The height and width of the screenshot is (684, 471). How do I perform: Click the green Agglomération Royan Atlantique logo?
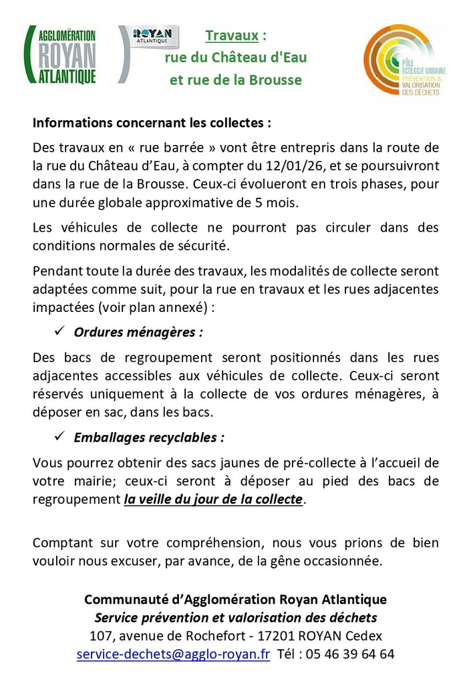click(x=61, y=55)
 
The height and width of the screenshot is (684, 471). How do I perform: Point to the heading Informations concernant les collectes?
click(x=152, y=124)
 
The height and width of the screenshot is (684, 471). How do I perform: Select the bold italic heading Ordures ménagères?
click(x=138, y=332)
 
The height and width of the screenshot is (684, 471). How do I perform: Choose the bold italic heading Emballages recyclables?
click(x=149, y=438)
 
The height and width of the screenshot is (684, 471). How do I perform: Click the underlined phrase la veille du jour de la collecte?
click(x=214, y=499)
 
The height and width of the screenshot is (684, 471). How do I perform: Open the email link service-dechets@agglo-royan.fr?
click(x=173, y=654)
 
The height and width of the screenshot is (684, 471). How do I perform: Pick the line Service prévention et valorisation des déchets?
click(x=235, y=617)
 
